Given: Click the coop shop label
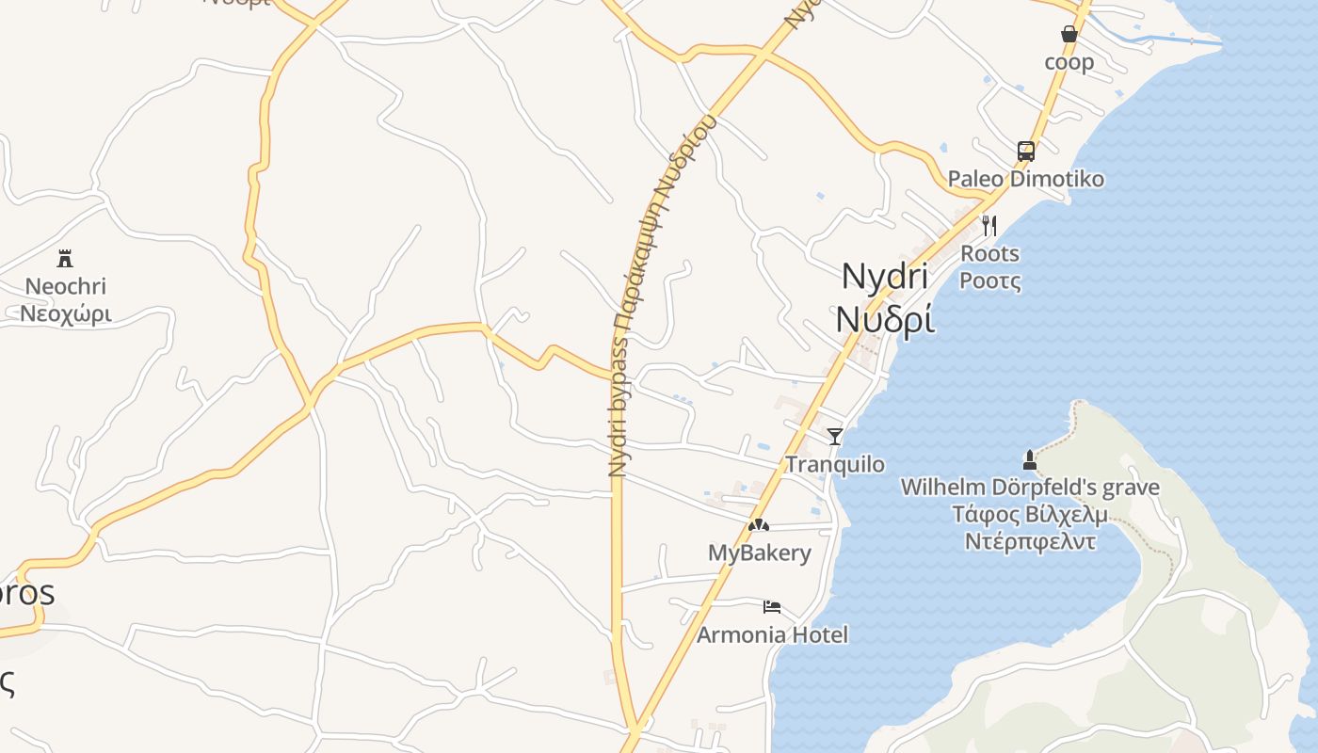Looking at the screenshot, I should [1069, 62].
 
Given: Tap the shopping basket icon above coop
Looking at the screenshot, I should [1069, 34].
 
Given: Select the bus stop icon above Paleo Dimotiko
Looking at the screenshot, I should [1025, 151].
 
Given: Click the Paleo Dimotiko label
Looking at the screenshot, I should [1025, 179].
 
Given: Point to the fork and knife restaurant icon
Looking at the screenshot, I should [988, 226].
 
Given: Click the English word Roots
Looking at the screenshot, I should [989, 253].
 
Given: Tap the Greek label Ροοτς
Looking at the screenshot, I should [989, 280].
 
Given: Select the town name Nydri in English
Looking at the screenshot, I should [884, 277].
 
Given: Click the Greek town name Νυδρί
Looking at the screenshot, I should [885, 320].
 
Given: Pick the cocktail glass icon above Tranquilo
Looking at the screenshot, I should [834, 436].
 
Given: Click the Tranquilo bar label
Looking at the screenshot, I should [835, 464].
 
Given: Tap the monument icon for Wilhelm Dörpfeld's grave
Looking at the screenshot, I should [1029, 460].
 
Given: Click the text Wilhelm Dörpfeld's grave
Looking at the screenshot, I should [1030, 488].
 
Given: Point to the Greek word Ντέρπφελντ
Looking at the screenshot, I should [1030, 541].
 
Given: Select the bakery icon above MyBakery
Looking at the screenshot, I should [759, 524].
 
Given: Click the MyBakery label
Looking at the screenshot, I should [759, 553].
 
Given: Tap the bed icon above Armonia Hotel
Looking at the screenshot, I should [772, 606].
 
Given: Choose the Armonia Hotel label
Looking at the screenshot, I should [772, 635].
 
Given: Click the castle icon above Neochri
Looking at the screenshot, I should [65, 258].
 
